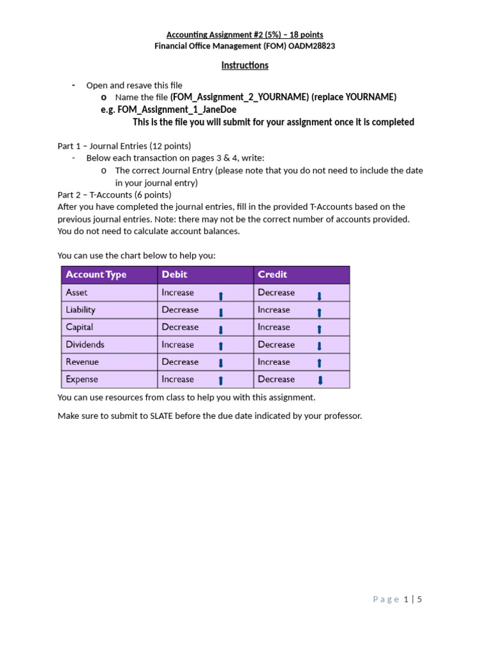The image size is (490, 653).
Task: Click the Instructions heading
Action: (x=245, y=65)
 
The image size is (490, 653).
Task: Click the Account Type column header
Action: (x=96, y=275)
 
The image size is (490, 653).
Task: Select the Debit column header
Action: (x=175, y=275)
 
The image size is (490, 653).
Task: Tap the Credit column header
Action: (x=272, y=275)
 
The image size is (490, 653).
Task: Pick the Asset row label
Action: (x=77, y=293)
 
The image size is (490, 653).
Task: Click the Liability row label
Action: (x=81, y=310)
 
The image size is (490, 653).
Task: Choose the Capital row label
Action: (x=80, y=327)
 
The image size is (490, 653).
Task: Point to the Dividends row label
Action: (x=85, y=344)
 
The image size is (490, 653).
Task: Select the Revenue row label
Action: (x=83, y=362)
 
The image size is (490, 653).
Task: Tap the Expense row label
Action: (x=82, y=379)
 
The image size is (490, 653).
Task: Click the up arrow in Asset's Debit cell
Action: (x=221, y=295)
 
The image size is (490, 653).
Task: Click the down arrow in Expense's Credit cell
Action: (x=320, y=381)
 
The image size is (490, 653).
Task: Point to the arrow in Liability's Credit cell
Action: (x=320, y=312)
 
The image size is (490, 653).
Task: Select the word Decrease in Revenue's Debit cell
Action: (x=181, y=362)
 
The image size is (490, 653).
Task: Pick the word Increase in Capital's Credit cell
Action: (x=274, y=327)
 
